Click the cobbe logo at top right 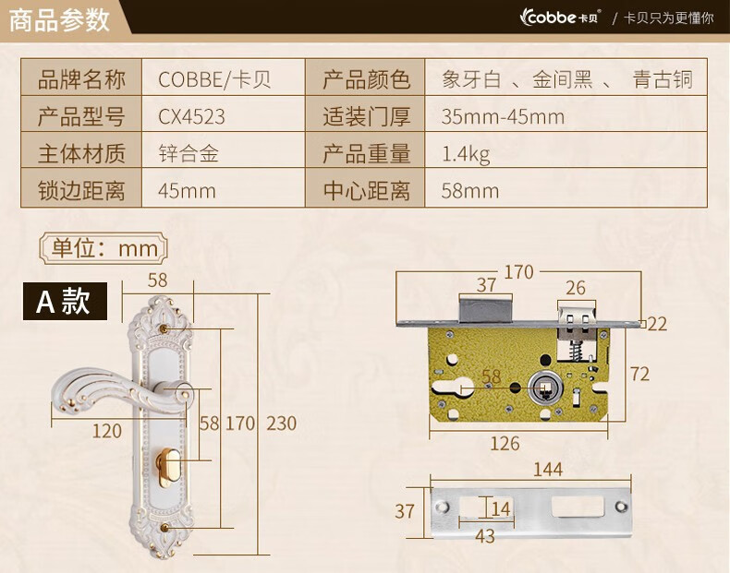click(x=560, y=17)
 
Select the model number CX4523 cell click(x=191, y=117)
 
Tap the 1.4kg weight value click(x=466, y=154)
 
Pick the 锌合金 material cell click(x=188, y=154)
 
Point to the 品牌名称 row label click(x=81, y=79)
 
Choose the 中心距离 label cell click(x=366, y=191)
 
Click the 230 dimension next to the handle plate click(x=281, y=424)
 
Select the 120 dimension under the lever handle click(x=107, y=430)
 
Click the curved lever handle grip click(x=92, y=383)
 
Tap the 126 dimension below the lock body click(x=505, y=444)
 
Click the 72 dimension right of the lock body click(x=639, y=374)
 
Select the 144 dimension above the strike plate click(x=547, y=470)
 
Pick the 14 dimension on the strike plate click(x=500, y=508)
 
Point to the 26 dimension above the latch click(x=575, y=289)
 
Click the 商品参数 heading click(x=59, y=19)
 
